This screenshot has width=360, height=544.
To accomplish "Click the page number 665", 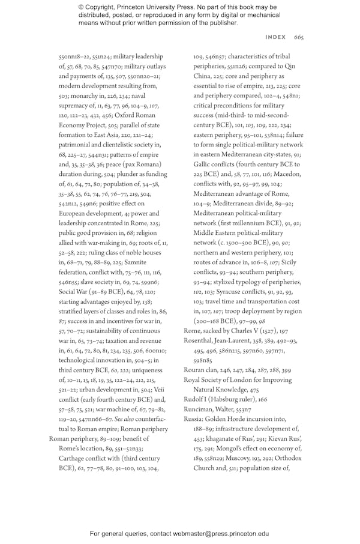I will [x=299, y=37].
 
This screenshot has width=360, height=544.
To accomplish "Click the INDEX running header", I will [x=275, y=37].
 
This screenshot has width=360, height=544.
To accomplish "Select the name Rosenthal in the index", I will [x=202, y=340].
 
